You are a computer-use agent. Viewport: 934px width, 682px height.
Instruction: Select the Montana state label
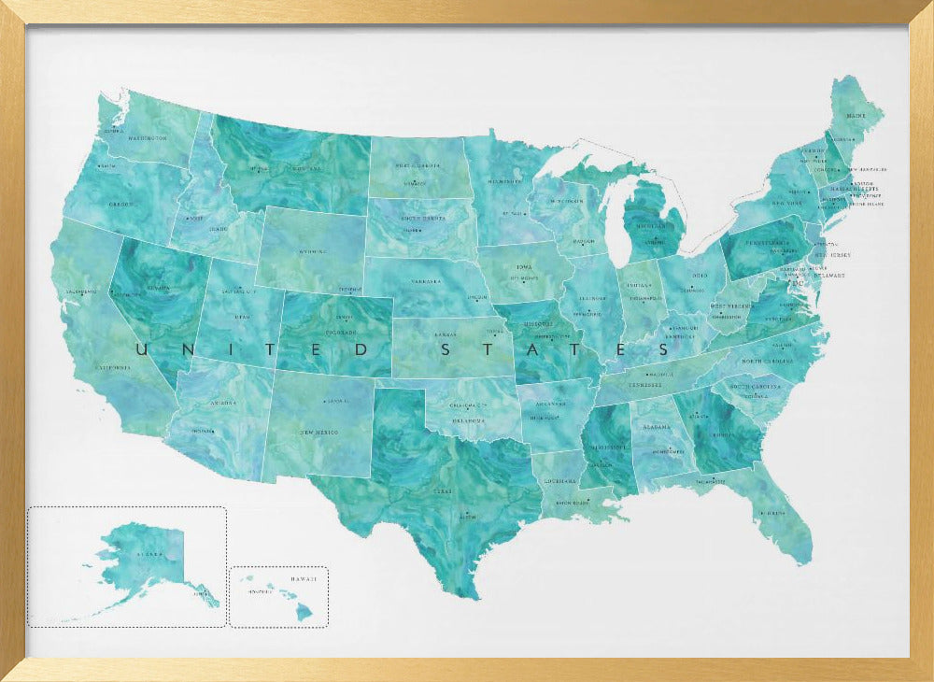point(306,169)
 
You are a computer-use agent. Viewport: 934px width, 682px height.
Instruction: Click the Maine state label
point(856,116)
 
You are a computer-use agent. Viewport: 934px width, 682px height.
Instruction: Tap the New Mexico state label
point(318,433)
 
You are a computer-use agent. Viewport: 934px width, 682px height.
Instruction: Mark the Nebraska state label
point(426,280)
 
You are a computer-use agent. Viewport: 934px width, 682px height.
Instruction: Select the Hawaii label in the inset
point(303,579)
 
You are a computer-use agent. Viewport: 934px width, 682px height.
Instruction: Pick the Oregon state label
point(121,205)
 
